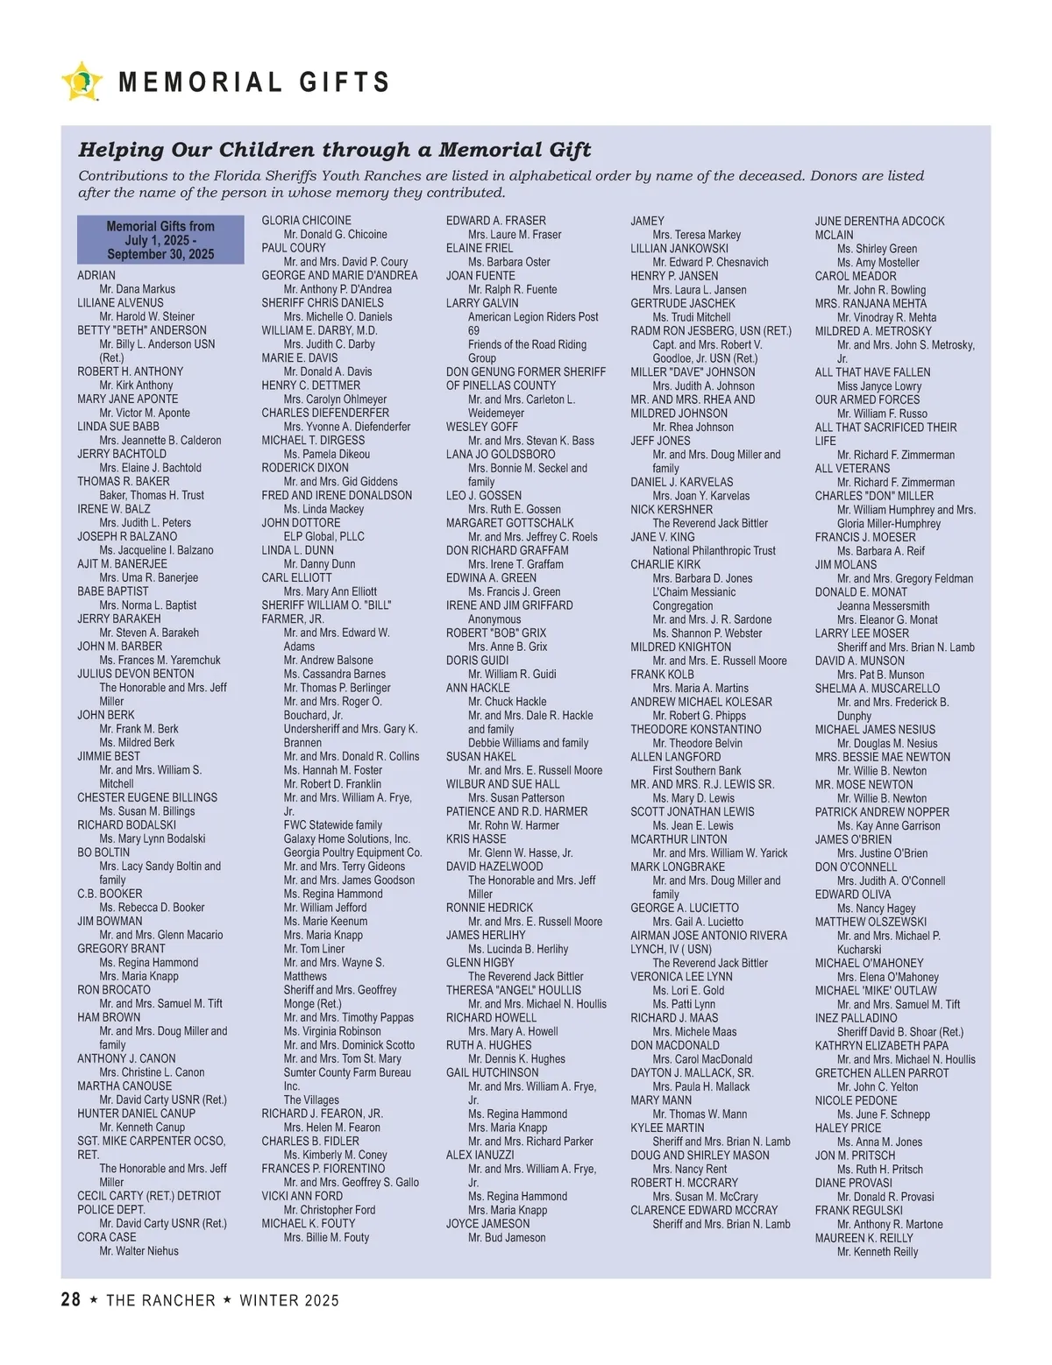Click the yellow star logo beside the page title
[x=82, y=81]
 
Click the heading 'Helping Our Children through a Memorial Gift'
[x=335, y=150]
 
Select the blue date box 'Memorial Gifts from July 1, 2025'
[x=160, y=240]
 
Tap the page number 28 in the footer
[x=71, y=1300]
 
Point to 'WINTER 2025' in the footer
[x=289, y=1301]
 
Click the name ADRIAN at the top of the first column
[x=96, y=275]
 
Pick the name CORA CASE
[x=107, y=1237]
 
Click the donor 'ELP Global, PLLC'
[x=323, y=536]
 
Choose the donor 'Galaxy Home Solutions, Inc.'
[x=346, y=838]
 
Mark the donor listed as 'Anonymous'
[x=494, y=619]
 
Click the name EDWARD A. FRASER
[x=495, y=221]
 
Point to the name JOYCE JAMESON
[x=487, y=1224]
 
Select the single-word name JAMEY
[x=647, y=221]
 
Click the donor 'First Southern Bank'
[x=696, y=770]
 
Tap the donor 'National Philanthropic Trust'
[x=714, y=550]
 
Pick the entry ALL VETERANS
[x=852, y=469]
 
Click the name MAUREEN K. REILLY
[x=864, y=1238]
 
